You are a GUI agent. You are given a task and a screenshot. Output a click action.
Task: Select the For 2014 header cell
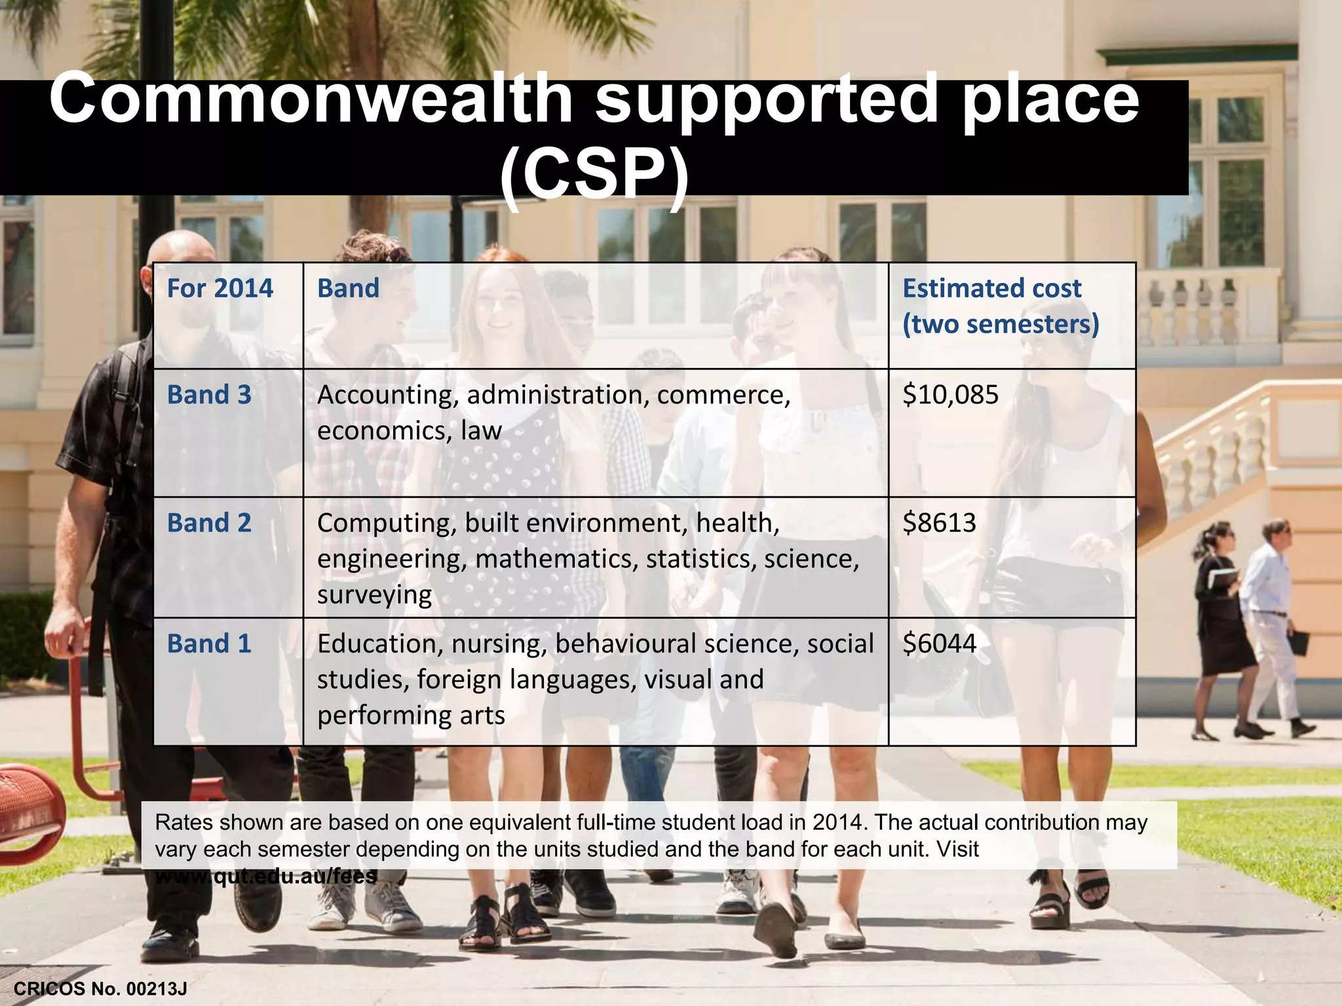tap(220, 289)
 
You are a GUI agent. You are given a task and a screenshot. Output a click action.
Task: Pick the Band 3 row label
tap(209, 395)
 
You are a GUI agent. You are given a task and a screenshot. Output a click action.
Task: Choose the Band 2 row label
tap(209, 523)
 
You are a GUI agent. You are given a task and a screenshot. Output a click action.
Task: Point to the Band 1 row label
tap(209, 644)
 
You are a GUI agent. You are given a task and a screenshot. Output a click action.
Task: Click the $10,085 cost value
tap(950, 395)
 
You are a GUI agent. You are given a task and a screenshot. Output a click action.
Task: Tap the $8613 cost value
tap(939, 523)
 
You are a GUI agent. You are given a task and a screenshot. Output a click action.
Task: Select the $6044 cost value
tap(939, 644)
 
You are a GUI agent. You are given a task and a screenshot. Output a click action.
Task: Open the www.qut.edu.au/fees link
tap(266, 876)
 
